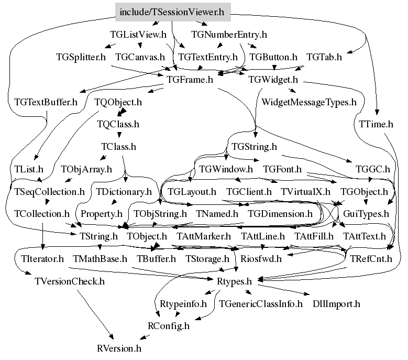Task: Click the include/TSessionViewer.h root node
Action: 172,12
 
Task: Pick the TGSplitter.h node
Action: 81,57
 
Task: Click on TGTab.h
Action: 324,57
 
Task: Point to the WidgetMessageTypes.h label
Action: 308,102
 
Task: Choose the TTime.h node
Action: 376,124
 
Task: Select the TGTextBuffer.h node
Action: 46,102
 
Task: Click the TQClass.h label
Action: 118,124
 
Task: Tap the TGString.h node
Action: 254,147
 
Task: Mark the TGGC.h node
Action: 372,169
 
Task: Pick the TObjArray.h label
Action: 86,169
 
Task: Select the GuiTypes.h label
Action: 366,214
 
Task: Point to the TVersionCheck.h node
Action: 70,281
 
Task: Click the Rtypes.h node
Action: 234,281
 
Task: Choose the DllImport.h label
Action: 336,303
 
